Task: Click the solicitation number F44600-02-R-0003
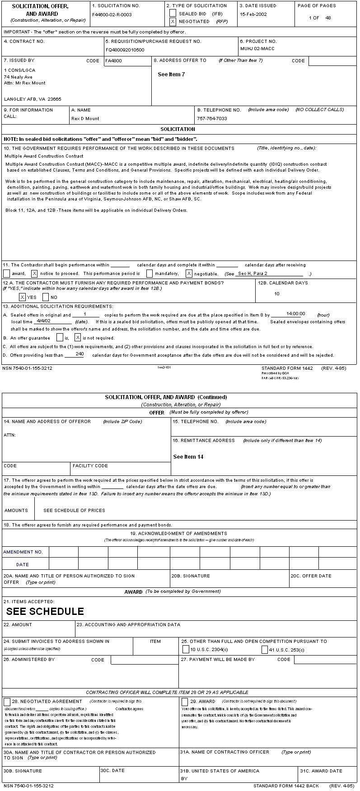(112, 14)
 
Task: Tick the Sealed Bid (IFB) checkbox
(173, 14)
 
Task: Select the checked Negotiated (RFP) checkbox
(173, 21)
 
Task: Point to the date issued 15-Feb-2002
(253, 14)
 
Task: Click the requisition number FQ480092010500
(125, 50)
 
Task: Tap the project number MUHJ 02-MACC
(257, 48)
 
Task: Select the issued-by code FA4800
(113, 60)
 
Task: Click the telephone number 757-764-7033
(212, 118)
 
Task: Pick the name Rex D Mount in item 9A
(85, 118)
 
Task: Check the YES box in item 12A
(22, 297)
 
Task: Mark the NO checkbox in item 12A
(46, 297)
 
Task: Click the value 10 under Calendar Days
(277, 294)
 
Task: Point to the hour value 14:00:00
(296, 314)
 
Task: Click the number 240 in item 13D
(79, 354)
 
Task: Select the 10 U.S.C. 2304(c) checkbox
(186, 649)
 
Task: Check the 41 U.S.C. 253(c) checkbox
(265, 649)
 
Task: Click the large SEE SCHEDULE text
(45, 611)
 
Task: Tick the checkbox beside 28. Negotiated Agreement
(7, 702)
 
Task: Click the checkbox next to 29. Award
(185, 702)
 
